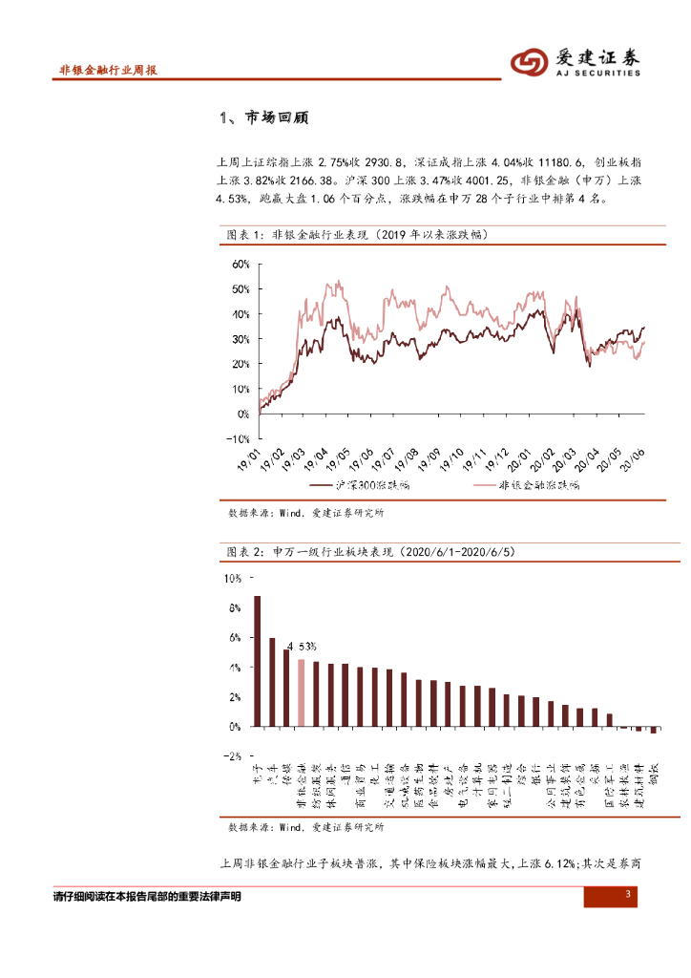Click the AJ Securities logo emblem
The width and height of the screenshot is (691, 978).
529,62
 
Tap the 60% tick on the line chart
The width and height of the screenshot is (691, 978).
240,264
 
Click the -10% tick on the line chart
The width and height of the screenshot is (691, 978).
238,438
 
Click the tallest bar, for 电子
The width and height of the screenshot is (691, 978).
257,661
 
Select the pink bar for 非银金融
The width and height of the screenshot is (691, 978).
301,692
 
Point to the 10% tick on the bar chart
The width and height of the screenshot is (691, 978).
234,578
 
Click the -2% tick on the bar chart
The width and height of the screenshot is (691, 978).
234,755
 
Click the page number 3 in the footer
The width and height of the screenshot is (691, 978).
628,895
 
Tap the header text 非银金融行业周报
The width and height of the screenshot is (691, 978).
108,71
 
